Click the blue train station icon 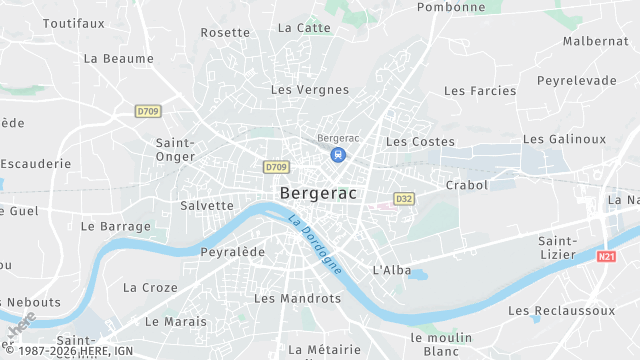click(339, 155)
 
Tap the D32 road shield click(404, 199)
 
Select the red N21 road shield click(605, 258)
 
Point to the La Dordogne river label click(315, 245)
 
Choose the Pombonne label click(451, 7)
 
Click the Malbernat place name click(596, 41)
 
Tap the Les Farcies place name click(480, 91)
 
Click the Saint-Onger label click(175, 149)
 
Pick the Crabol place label click(467, 185)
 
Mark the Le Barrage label click(116, 227)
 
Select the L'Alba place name click(391, 270)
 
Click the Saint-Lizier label click(557, 247)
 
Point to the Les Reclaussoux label click(562, 311)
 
